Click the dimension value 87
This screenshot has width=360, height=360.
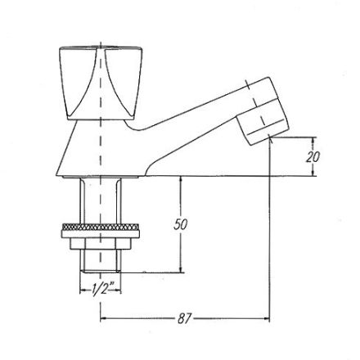pyautogui.click(x=185, y=318)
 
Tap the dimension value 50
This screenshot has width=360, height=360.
pyautogui.click(x=181, y=224)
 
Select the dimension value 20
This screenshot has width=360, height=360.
pyautogui.click(x=313, y=157)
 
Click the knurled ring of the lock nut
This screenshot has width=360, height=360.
pyautogui.click(x=101, y=227)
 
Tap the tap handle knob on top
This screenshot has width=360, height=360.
pyautogui.click(x=101, y=83)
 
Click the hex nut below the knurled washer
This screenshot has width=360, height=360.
pyautogui.click(x=101, y=243)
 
